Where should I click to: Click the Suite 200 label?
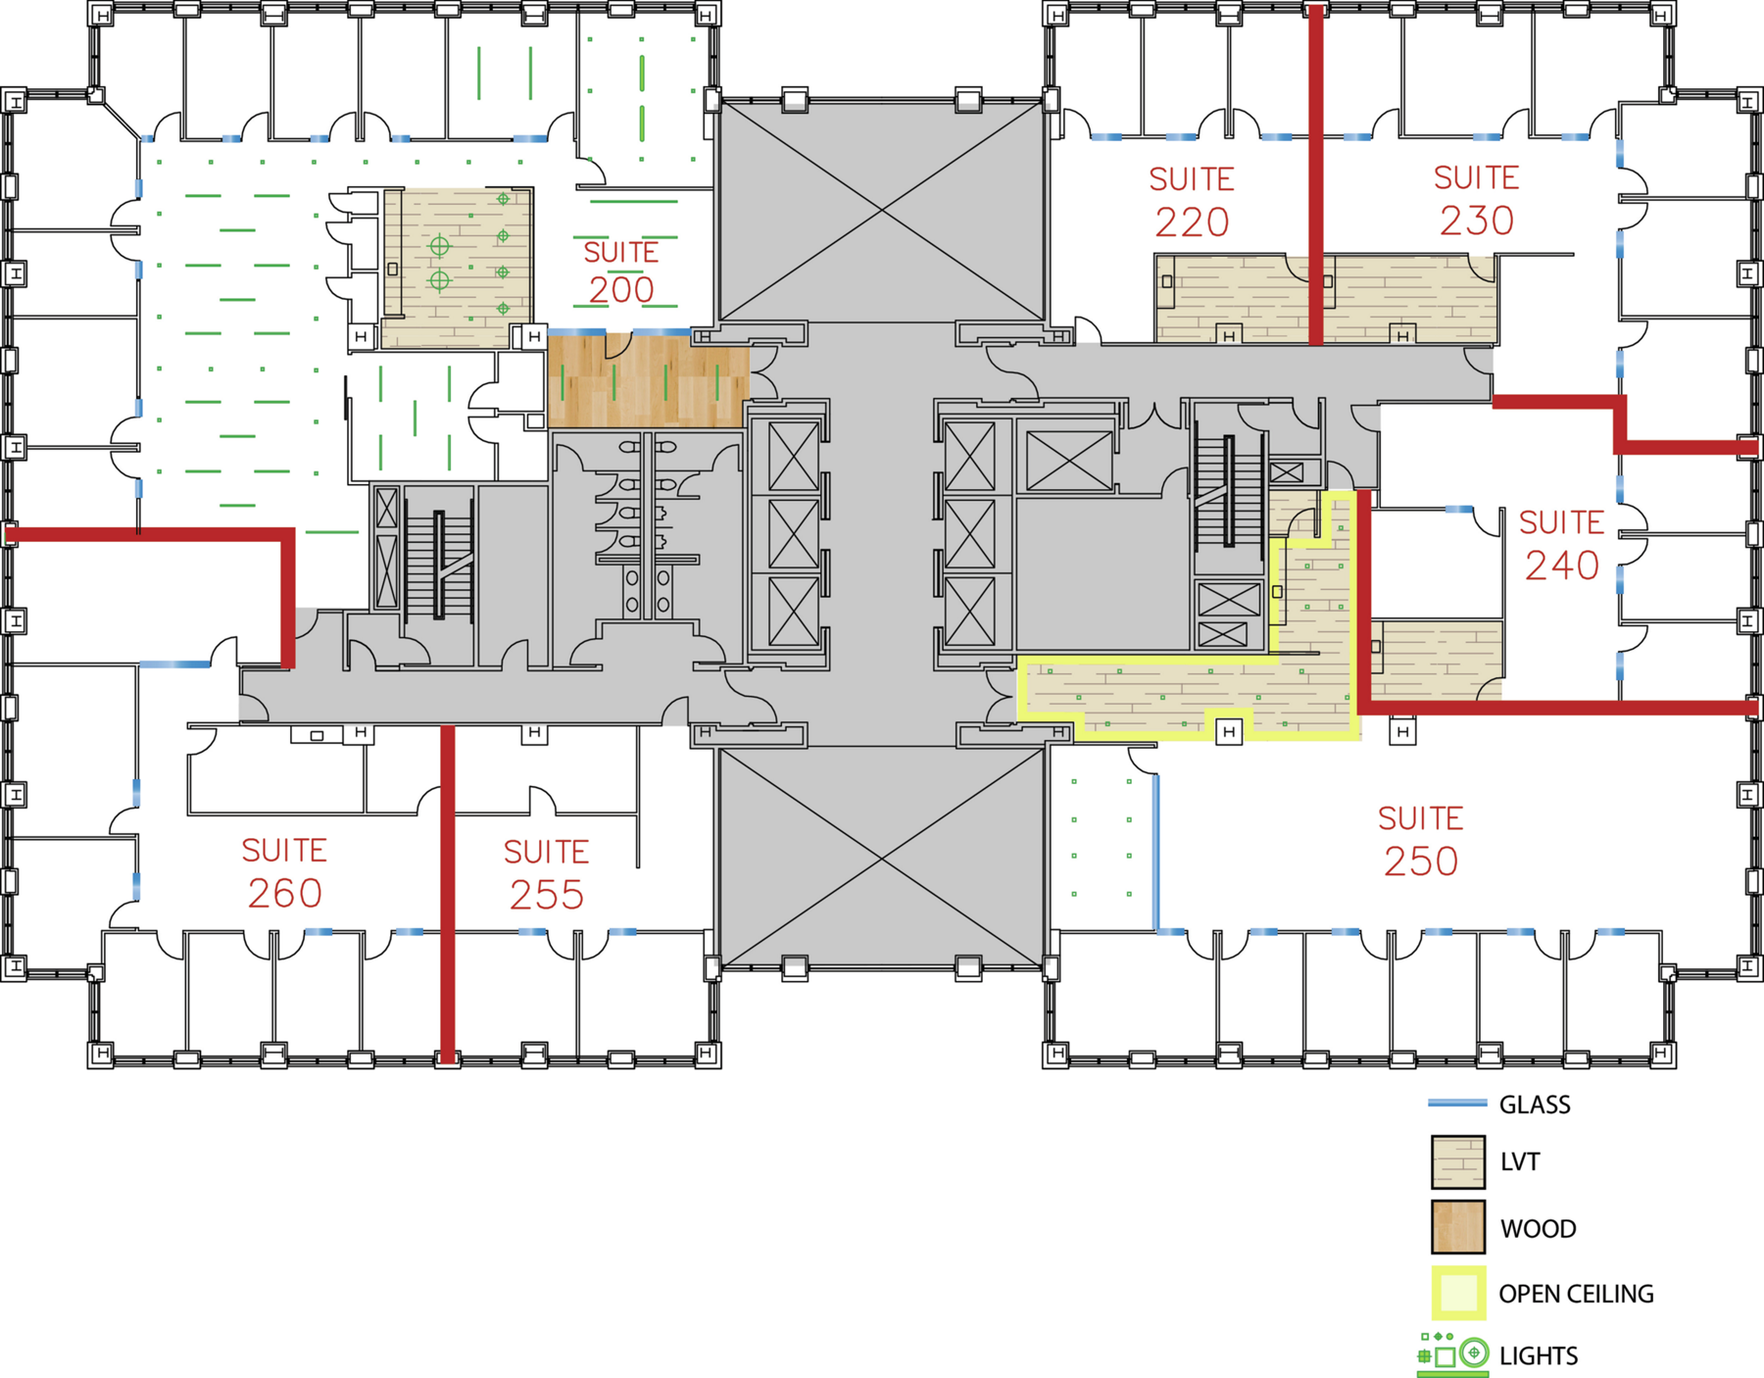[621, 271]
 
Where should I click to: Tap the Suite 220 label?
[1192, 202]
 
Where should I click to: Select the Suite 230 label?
[1477, 200]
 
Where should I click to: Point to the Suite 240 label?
[1562, 545]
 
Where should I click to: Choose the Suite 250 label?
[1421, 841]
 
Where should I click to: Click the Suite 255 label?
[547, 874]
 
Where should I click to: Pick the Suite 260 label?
[284, 872]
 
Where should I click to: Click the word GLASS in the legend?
[1535, 1105]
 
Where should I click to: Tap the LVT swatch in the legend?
[1458, 1161]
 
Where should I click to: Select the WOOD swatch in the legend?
[1458, 1227]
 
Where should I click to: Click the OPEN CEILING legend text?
[1576, 1294]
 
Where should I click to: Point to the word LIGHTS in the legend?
[1539, 1355]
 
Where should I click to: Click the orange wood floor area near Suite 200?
[648, 381]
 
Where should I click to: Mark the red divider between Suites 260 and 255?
[448, 894]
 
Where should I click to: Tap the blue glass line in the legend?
[1457, 1104]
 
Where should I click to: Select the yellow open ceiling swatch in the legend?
[1458, 1293]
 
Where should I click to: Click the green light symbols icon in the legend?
[1453, 1353]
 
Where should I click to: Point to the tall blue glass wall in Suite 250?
[1156, 852]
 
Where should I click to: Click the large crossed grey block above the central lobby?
[882, 210]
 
